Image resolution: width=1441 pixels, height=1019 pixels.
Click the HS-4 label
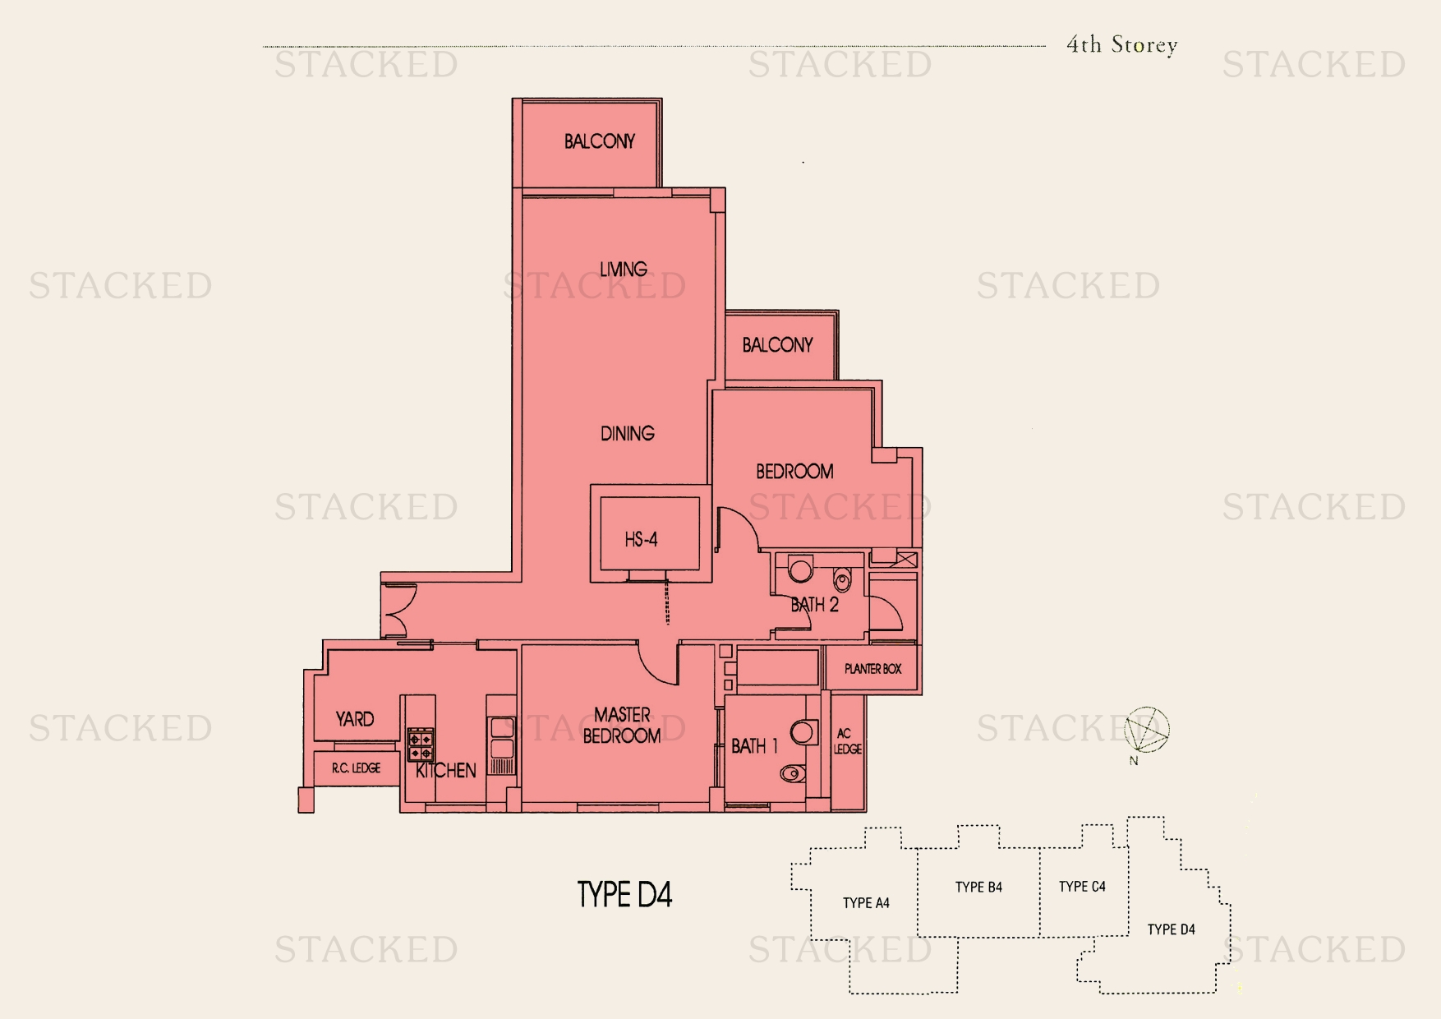click(641, 540)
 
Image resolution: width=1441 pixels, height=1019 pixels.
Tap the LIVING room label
click(623, 269)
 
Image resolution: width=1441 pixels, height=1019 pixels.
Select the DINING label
click(628, 433)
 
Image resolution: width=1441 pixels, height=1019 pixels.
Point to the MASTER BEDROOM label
click(622, 726)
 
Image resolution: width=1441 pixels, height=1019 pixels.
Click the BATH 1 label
click(754, 746)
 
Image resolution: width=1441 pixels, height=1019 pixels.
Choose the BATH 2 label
click(814, 606)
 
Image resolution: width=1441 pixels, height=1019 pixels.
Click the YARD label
click(355, 719)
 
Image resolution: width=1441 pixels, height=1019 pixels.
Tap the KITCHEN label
click(446, 771)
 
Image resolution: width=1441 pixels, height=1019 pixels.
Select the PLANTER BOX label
click(872, 669)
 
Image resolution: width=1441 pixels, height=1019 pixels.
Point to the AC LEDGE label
click(848, 741)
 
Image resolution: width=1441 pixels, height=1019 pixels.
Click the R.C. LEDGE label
click(357, 768)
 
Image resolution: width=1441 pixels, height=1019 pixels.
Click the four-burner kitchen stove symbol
click(421, 745)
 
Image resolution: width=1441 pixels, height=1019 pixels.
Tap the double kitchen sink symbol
click(501, 738)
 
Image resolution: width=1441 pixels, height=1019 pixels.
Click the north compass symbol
click(1147, 729)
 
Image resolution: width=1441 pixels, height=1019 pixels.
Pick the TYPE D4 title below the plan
click(625, 894)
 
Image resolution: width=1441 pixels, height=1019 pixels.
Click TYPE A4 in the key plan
click(866, 903)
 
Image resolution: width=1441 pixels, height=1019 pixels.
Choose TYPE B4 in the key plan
click(978, 888)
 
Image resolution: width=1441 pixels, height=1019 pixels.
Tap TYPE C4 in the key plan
click(1082, 887)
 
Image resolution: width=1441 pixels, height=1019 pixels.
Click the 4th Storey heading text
click(1122, 45)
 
